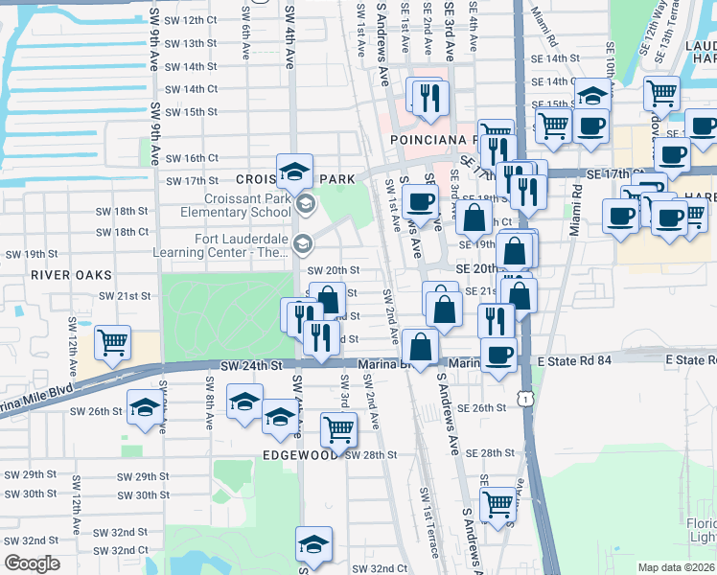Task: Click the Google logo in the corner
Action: (32, 563)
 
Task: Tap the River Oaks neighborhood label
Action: (58, 274)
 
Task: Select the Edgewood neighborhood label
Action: (300, 456)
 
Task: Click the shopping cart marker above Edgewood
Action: (338, 429)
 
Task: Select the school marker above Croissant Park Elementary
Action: (295, 172)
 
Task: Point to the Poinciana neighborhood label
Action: (428, 139)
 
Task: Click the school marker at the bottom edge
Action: (312, 545)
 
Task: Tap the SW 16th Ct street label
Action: (192, 158)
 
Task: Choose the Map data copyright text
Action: (677, 567)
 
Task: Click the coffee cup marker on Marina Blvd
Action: (497, 356)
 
